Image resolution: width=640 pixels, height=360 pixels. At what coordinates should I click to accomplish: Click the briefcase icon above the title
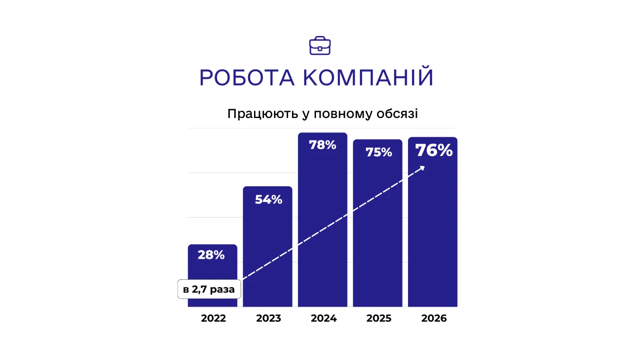[320, 46]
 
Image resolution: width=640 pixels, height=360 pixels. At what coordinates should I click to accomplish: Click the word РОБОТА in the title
[247, 78]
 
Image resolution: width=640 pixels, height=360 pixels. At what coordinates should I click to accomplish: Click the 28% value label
[211, 255]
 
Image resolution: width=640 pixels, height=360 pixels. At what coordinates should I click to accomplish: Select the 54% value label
[268, 200]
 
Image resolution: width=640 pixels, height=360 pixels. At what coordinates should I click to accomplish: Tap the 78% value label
[322, 145]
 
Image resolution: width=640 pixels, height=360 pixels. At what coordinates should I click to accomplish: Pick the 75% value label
[378, 152]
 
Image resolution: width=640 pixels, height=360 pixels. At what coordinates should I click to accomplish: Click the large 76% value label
[434, 150]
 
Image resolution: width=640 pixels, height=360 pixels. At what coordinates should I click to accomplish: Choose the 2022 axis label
[213, 318]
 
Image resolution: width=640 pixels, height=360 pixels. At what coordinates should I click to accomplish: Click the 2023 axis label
[268, 318]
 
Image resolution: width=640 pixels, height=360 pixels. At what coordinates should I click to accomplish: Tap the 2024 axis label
[324, 318]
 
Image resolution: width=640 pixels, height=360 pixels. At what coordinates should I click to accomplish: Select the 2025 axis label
[379, 318]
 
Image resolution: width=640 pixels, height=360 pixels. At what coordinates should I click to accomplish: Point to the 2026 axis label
[434, 318]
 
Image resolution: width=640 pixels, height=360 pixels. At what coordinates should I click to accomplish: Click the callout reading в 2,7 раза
[209, 289]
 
